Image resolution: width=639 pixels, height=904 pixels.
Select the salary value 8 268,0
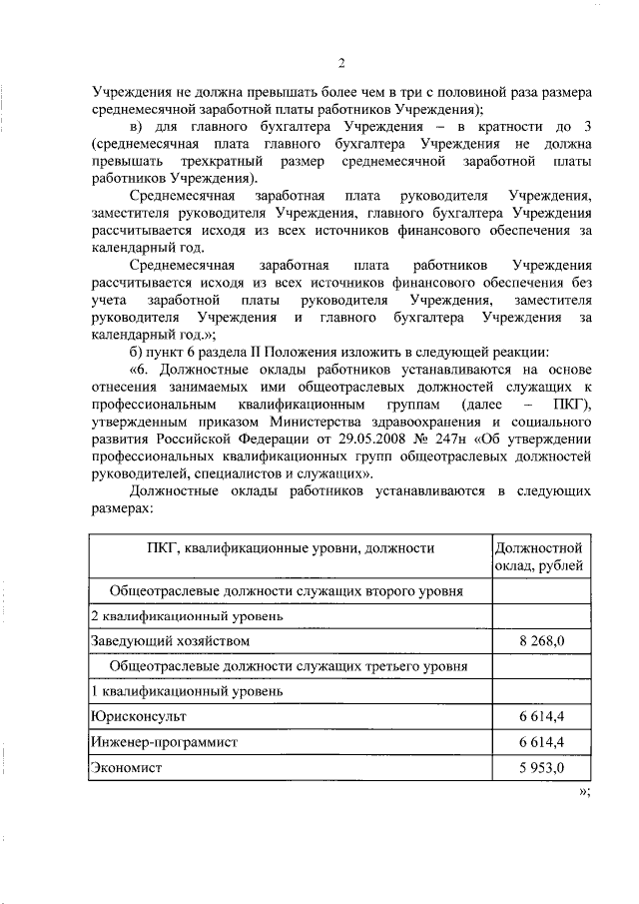click(x=542, y=640)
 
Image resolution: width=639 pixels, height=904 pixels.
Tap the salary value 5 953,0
click(x=542, y=768)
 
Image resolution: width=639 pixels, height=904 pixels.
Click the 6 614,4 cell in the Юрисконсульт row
click(x=542, y=717)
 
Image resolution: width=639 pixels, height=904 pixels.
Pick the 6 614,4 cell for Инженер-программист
click(x=542, y=742)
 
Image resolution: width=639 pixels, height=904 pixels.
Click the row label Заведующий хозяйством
click(x=170, y=640)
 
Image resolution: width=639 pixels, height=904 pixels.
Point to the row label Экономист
click(x=126, y=768)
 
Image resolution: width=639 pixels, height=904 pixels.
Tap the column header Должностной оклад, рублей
click(x=538, y=558)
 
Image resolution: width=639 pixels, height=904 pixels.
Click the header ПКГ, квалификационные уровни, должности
click(x=290, y=548)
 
